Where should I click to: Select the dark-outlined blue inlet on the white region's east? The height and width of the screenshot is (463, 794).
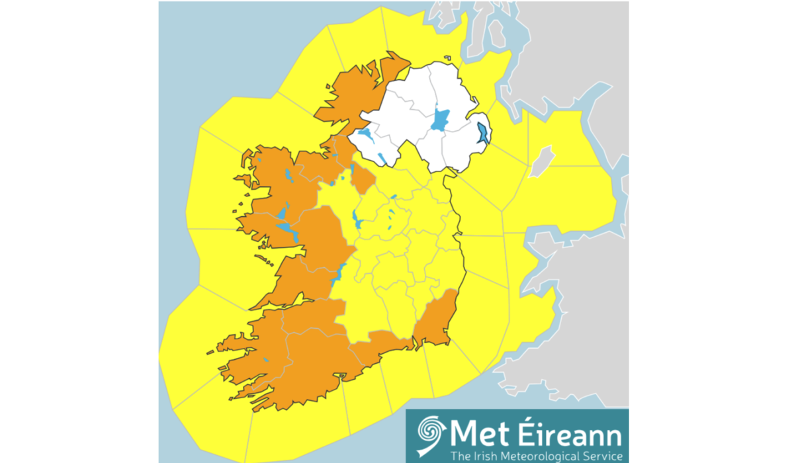(482, 133)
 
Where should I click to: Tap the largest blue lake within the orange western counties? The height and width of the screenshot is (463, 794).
(288, 229)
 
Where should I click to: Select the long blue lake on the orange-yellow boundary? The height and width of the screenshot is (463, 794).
(337, 272)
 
